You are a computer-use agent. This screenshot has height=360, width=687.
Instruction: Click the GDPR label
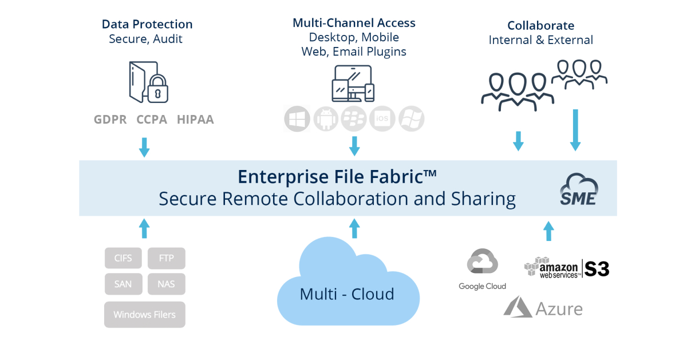point(110,120)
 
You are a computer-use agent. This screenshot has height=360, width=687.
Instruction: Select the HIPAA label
point(195,120)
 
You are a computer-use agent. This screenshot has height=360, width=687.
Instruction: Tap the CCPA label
point(152,120)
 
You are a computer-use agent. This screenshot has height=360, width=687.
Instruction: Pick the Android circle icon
point(326,119)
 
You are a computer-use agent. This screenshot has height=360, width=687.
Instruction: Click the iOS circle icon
point(382,119)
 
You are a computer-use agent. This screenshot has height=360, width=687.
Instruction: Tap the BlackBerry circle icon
point(354,119)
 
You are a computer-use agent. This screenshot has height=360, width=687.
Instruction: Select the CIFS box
point(123,258)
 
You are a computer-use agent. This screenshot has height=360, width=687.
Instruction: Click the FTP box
point(167,258)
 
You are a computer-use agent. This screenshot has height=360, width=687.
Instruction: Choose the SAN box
point(123,284)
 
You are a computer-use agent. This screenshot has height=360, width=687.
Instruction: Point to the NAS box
point(167,284)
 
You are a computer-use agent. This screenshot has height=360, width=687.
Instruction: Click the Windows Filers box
point(145,314)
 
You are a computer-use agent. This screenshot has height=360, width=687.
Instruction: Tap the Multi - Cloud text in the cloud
point(347,294)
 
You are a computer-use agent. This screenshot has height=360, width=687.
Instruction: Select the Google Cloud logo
point(483,264)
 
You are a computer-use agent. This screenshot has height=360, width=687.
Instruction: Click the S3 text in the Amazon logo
point(597,268)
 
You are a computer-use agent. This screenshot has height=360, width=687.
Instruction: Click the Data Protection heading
point(147,24)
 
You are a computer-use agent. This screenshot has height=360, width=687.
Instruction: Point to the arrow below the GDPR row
point(144,147)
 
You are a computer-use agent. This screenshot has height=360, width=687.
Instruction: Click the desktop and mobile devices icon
point(353,84)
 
